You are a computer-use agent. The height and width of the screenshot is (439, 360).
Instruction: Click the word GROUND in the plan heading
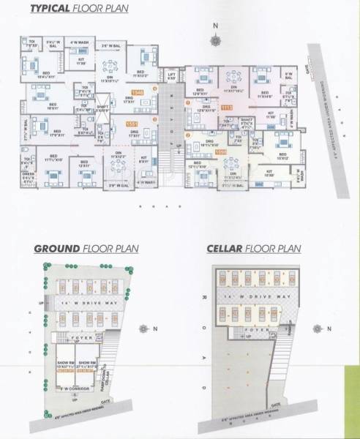tap(56, 249)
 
